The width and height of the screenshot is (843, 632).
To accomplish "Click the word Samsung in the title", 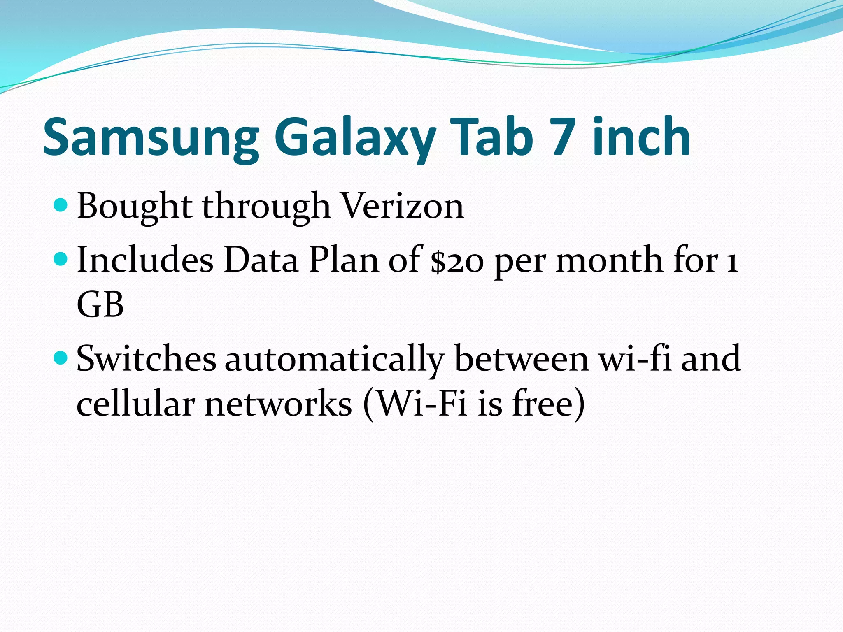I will pyautogui.click(x=151, y=138).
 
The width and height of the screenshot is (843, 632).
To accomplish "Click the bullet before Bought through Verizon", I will pyautogui.click(x=61, y=204).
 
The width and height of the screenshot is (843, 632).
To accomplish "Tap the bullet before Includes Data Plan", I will pyautogui.click(x=61, y=259).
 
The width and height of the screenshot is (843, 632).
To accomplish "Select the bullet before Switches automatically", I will pyautogui.click(x=61, y=358).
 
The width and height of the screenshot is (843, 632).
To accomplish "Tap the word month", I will pyautogui.click(x=609, y=260).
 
